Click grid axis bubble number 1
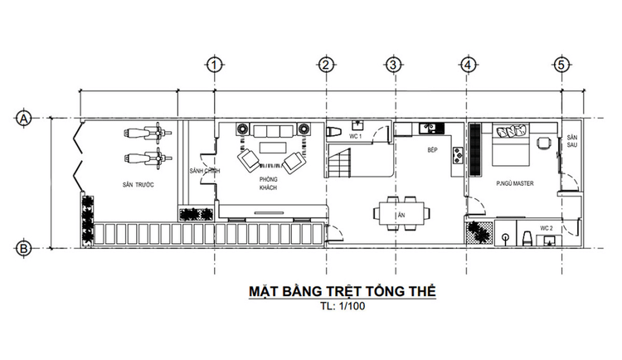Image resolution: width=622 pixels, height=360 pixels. click(214, 65)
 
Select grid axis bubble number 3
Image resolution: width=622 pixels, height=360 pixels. click(393, 65)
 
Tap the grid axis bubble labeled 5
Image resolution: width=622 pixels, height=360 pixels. click(562, 65)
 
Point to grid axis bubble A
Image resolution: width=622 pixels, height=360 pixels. click(24, 119)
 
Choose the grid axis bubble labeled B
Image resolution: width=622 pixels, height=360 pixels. click(24, 247)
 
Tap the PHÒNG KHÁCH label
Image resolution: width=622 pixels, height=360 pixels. click(267, 184)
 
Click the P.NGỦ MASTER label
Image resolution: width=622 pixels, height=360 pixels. click(514, 183)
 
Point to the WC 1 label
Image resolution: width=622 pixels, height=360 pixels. click(355, 135)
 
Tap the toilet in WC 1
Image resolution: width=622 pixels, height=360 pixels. click(333, 133)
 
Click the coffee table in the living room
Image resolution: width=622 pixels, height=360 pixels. click(270, 148)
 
